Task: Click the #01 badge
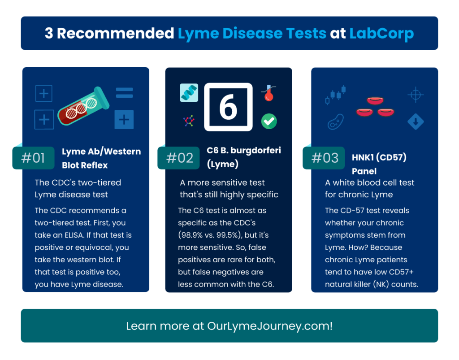point(33,158)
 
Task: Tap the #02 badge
point(178,158)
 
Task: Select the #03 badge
point(324,158)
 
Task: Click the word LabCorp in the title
point(381,33)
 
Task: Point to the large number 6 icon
point(228,107)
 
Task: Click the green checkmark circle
point(269,121)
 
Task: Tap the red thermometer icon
point(269,93)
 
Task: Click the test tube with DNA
point(83,106)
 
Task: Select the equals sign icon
point(125,93)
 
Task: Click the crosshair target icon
point(416,95)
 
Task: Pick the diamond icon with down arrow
point(416,121)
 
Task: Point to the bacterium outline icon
point(335,121)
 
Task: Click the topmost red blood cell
point(375,101)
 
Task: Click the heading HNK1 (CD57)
point(379,157)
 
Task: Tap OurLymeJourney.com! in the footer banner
point(270,326)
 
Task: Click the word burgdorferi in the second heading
point(255,151)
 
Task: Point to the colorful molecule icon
point(189,121)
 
